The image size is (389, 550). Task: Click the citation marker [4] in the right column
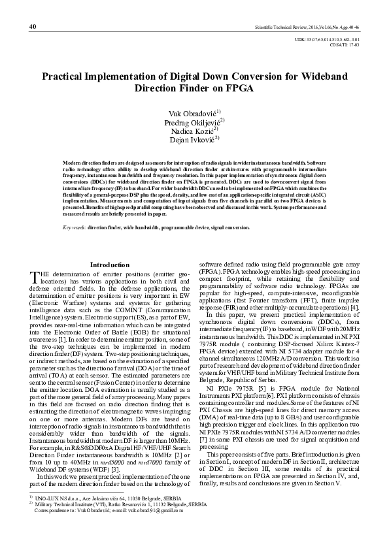coord(354,306)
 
